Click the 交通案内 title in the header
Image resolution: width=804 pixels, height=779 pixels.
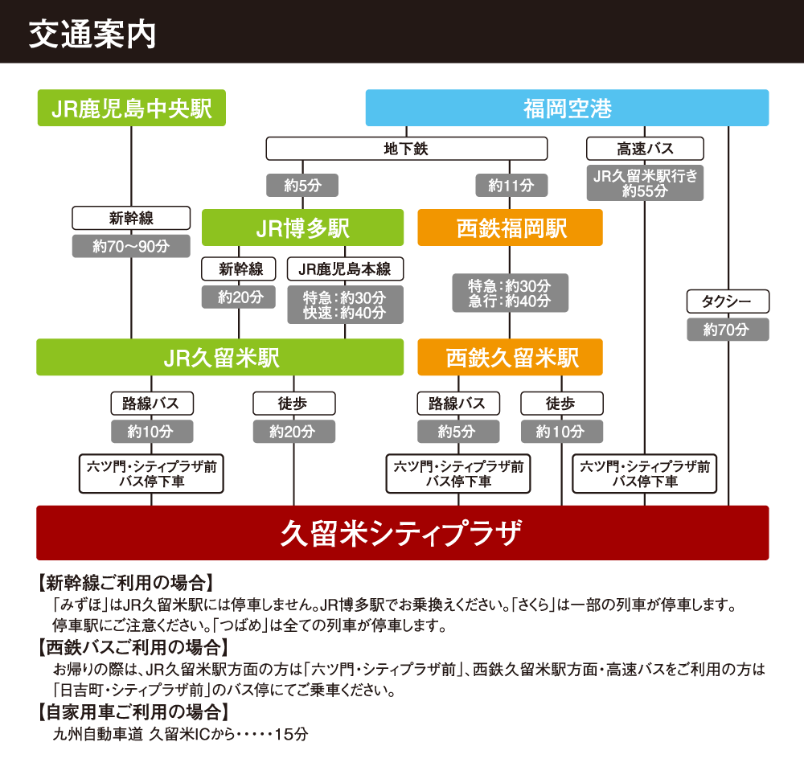click(x=92, y=35)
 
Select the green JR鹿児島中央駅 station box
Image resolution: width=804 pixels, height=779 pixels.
click(x=132, y=108)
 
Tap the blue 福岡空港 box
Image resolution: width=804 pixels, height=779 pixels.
click(x=567, y=108)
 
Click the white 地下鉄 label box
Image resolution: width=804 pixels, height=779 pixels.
click(x=406, y=149)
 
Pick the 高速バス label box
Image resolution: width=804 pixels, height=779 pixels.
click(x=645, y=149)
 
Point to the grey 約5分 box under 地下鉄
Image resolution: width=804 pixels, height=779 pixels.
click(x=302, y=186)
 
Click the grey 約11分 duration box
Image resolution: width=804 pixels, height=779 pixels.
click(x=511, y=186)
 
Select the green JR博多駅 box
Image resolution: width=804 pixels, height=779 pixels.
click(x=302, y=228)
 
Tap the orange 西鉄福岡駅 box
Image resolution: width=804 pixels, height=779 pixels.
click(x=511, y=228)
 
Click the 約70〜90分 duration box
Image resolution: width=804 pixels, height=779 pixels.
click(x=131, y=246)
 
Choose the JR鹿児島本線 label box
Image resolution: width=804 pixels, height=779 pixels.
click(x=345, y=269)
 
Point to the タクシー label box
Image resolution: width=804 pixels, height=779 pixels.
click(x=728, y=302)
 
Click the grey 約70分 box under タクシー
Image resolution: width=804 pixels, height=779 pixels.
click(x=728, y=330)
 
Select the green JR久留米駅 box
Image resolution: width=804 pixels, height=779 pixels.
click(x=219, y=357)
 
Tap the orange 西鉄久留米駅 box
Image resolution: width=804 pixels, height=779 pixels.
click(x=511, y=357)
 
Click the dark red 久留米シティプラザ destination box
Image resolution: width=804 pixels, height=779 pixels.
click(x=402, y=533)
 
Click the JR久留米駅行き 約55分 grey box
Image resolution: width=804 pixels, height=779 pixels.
click(x=645, y=183)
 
